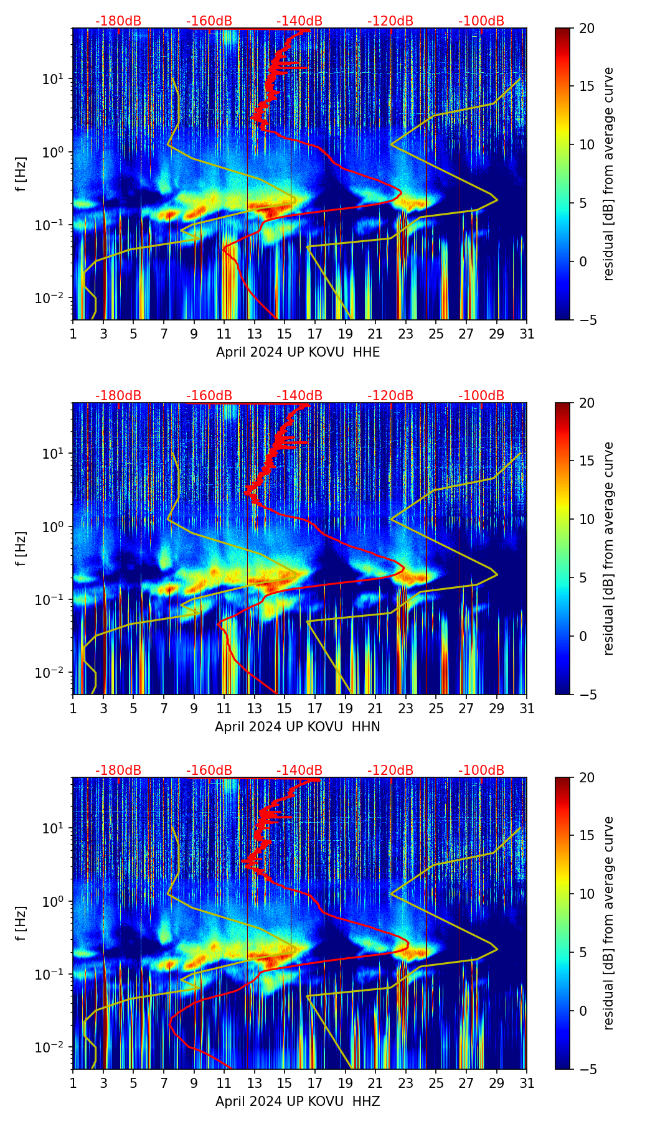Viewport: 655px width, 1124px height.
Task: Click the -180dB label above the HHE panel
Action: pos(118,21)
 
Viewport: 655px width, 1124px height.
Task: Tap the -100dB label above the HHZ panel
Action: pos(481,770)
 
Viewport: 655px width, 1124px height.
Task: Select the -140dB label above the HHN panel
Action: pos(299,396)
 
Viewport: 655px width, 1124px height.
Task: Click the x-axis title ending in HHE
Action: pos(298,352)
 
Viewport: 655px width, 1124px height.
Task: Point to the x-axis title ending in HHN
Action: pos(298,727)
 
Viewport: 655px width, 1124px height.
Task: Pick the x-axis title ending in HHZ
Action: pos(298,1102)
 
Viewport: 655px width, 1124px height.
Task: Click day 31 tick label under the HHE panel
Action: pos(527,334)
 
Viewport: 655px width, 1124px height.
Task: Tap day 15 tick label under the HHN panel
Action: pos(285,709)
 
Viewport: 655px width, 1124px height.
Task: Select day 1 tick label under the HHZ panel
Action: pos(73,1084)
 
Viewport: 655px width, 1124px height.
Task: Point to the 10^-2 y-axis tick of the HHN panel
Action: pos(54,673)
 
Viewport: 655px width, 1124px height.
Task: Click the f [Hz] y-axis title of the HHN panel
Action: pos(21,548)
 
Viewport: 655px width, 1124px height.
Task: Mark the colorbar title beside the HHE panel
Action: pos(608,174)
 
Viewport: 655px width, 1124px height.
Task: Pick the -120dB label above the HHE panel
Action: pos(390,21)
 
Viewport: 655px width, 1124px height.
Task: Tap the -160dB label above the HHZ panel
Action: pos(209,770)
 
